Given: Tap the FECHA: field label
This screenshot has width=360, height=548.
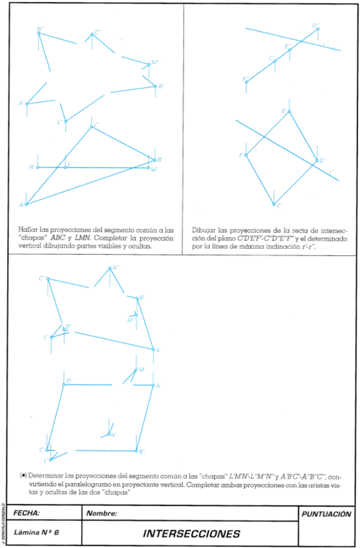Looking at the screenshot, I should click(x=26, y=513).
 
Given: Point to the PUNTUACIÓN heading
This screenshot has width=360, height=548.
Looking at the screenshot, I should click(x=326, y=514).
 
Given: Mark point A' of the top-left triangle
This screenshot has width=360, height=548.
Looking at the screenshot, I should click(x=26, y=204).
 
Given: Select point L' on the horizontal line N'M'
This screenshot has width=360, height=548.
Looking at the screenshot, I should click(x=65, y=167).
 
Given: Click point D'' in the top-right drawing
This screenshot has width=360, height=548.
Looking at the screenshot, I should click(x=317, y=29).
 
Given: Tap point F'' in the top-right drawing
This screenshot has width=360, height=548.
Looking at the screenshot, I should click(x=246, y=82).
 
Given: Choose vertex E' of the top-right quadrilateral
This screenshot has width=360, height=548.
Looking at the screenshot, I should click(x=289, y=112).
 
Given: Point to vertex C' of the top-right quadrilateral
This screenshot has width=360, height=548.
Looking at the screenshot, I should click(x=274, y=204).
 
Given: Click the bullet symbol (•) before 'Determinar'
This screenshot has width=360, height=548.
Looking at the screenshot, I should click(x=23, y=475).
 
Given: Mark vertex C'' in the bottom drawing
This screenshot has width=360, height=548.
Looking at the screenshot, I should click(x=48, y=279).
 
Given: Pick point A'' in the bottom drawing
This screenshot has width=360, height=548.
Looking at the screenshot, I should click(x=153, y=350).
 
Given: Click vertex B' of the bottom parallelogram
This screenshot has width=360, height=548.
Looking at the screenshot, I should click(x=136, y=450).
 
